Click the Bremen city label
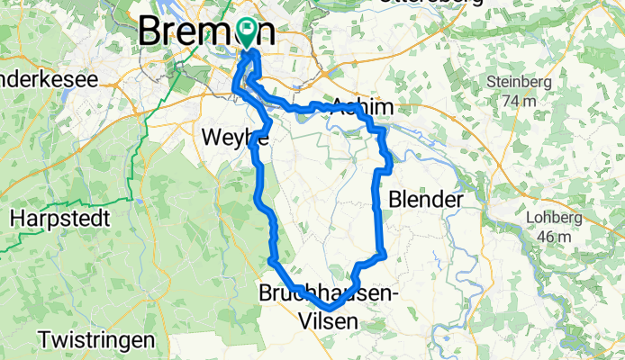click(x=205, y=32)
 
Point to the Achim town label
click(x=362, y=106)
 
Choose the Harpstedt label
click(x=60, y=218)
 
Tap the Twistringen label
click(x=96, y=341)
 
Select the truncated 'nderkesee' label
click(x=49, y=79)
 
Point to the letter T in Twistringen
click(x=45, y=341)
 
